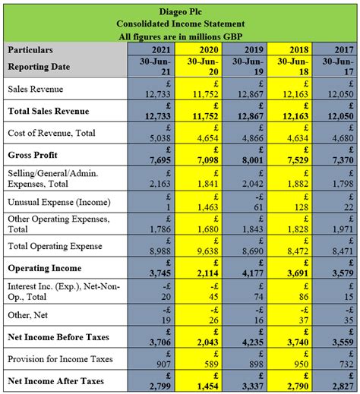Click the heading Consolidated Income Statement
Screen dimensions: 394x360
[x=180, y=24]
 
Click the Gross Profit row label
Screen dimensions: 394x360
[x=33, y=155]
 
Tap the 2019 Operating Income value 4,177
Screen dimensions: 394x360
[x=249, y=274]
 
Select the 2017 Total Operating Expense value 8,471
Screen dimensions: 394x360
[x=343, y=251]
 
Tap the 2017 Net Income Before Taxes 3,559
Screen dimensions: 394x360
[x=341, y=342]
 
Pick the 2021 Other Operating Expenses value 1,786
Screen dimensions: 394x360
[x=157, y=229]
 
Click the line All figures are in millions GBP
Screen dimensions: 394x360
[x=180, y=36]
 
